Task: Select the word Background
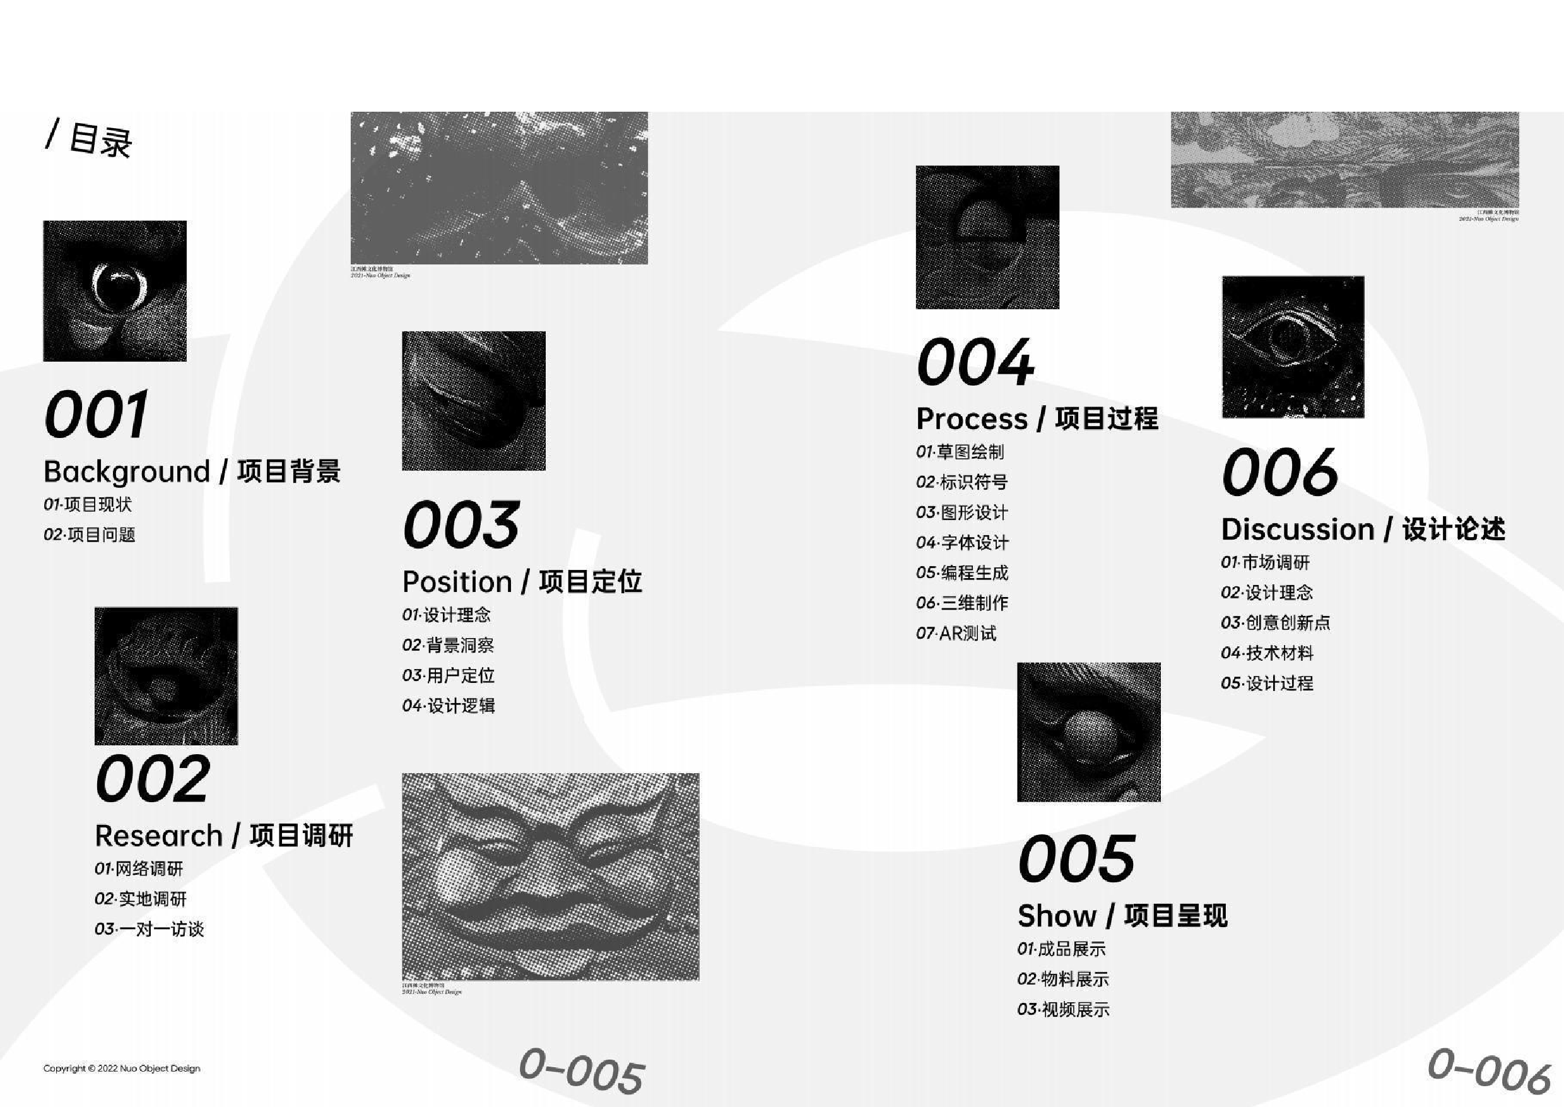[127, 471]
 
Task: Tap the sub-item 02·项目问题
[90, 535]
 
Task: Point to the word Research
[159, 836]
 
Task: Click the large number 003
[461, 524]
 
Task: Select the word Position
[457, 582]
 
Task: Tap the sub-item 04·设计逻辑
[449, 706]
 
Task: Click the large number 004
[975, 363]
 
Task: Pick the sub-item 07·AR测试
[956, 633]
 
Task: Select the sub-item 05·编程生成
[961, 572]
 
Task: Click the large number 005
[1077, 859]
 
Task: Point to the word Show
[1056, 916]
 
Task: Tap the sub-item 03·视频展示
[1063, 1010]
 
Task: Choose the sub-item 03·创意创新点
[1276, 622]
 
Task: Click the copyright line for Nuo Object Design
[122, 1068]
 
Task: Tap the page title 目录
[100, 140]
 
